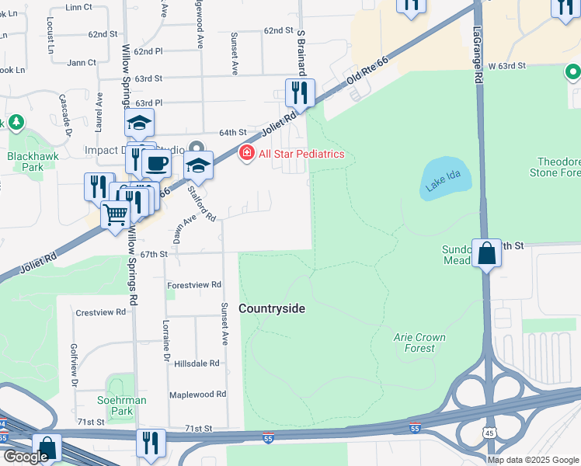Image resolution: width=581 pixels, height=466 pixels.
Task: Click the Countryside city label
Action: (271, 308)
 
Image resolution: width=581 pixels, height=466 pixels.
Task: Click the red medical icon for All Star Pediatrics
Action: (247, 154)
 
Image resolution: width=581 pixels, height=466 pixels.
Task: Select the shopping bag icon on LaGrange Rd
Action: (486, 254)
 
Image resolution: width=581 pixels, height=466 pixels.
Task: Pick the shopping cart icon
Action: (115, 214)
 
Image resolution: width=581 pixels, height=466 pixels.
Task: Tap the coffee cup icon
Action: (157, 164)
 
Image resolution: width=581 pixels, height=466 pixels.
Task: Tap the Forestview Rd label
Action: (194, 285)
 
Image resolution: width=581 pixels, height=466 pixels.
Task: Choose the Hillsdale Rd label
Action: (200, 363)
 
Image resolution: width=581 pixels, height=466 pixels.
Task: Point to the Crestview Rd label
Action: (100, 312)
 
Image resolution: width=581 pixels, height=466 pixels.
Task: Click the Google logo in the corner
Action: (25, 456)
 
